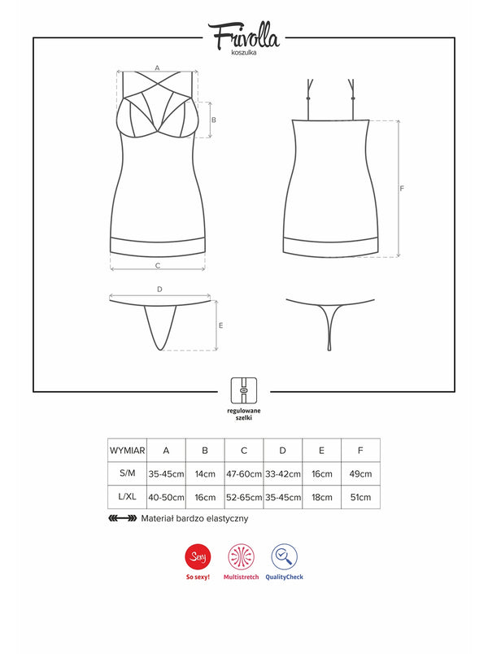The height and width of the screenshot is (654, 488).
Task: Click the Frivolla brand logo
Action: coord(243,36)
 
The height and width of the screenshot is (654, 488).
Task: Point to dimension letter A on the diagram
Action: coord(157,68)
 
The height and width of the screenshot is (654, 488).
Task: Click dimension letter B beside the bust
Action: coord(213,119)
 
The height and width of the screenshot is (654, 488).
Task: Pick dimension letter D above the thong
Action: coord(159,289)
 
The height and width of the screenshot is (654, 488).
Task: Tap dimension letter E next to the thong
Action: coord(221,325)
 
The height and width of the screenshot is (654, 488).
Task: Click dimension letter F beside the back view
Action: coord(403,188)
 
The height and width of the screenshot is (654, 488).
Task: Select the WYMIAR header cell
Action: coord(127,450)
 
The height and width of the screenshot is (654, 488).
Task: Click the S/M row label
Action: coord(127,473)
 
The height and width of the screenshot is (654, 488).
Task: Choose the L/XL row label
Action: coord(127,497)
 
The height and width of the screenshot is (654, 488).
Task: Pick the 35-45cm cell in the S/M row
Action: coord(166,473)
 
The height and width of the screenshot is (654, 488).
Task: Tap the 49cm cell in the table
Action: coord(360,473)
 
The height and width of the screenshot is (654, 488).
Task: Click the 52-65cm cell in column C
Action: coord(244,497)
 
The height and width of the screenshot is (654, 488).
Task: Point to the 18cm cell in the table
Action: coord(321,497)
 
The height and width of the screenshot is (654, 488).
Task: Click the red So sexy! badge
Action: coord(196,557)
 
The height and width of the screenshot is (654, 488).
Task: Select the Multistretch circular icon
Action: coord(241,557)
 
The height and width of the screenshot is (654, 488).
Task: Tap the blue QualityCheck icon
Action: coord(284,557)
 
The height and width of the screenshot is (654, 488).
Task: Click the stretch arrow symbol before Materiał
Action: coord(121,518)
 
